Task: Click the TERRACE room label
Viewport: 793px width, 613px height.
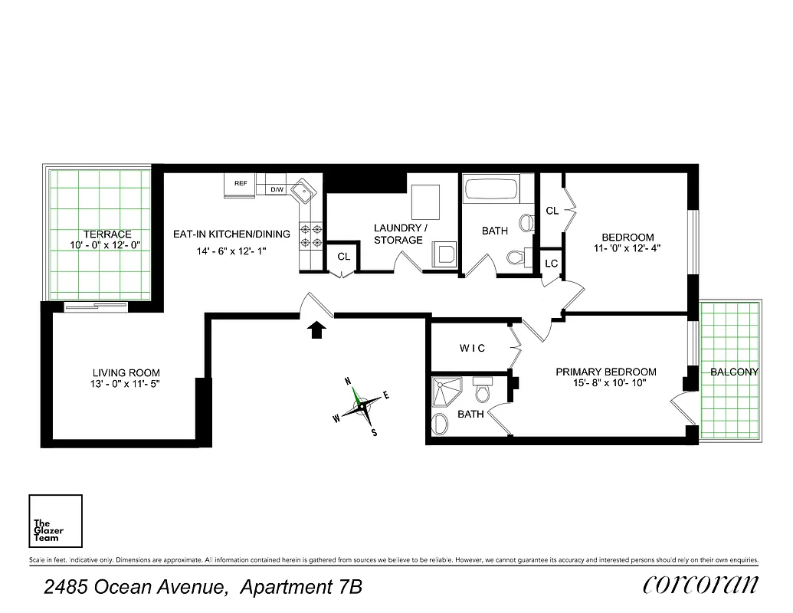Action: click(107, 234)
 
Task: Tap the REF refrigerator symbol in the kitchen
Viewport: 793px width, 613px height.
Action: click(241, 185)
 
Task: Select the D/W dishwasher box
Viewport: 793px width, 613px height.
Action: click(277, 189)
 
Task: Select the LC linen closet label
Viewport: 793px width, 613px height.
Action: click(551, 264)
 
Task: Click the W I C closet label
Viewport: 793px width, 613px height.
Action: click(472, 349)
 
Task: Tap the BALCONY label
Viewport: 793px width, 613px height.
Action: click(734, 372)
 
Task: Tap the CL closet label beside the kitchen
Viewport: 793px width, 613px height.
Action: click(343, 257)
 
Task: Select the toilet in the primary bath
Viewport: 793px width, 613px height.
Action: click(483, 392)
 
